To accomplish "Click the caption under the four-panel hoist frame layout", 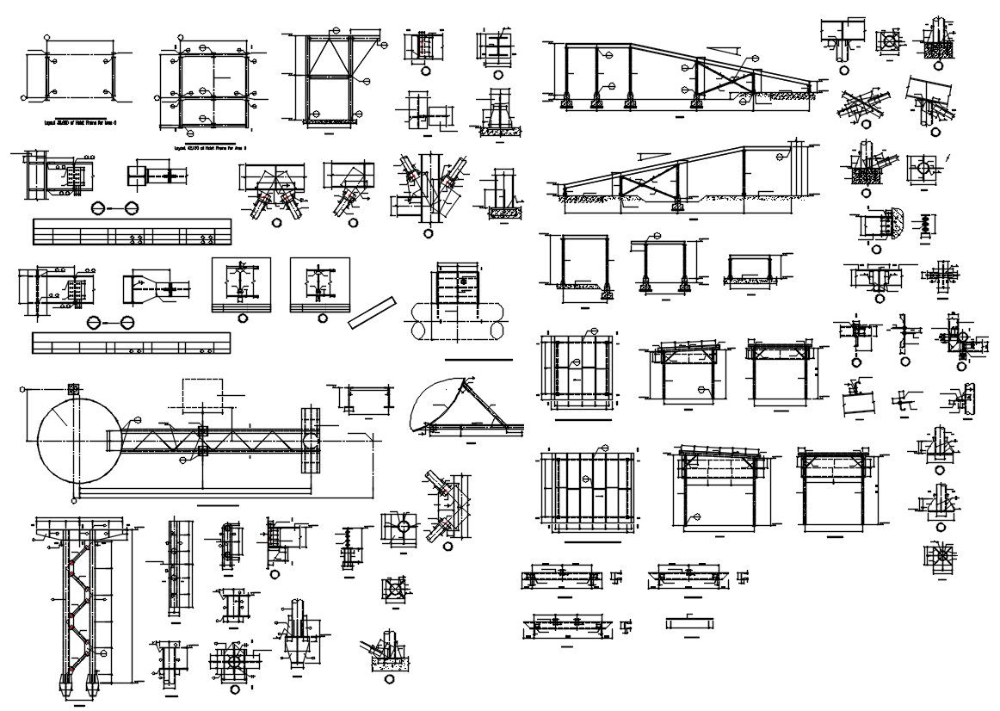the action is tap(211, 147).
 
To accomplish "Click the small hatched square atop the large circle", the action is tap(73, 390).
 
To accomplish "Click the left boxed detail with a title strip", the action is tap(241, 285).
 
